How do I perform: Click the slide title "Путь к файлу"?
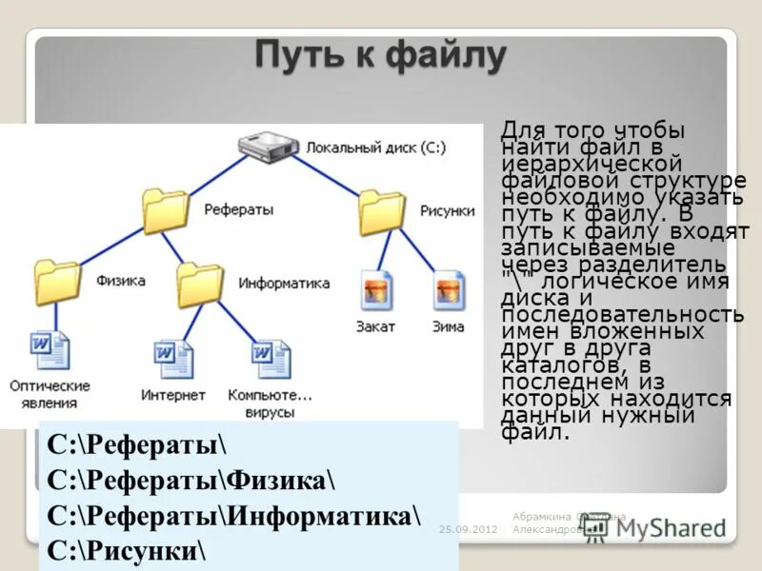(x=379, y=57)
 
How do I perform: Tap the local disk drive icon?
(x=267, y=148)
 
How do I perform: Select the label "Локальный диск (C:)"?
(x=375, y=148)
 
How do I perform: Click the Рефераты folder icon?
(x=165, y=209)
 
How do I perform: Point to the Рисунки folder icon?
(x=381, y=211)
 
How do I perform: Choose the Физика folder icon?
(x=57, y=282)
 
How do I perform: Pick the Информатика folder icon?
(x=200, y=284)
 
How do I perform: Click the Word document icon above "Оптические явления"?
(x=50, y=350)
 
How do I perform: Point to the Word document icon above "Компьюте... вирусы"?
(x=270, y=360)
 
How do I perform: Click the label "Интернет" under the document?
(x=173, y=395)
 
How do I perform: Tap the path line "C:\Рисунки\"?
(x=128, y=550)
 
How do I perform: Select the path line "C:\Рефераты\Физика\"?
(x=190, y=480)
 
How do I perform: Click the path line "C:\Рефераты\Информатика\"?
(x=233, y=515)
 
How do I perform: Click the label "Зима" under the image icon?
(x=449, y=326)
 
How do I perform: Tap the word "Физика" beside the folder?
(x=120, y=281)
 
